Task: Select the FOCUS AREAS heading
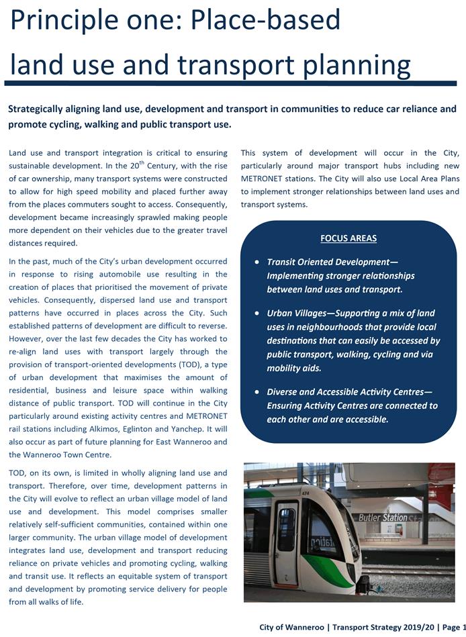348,238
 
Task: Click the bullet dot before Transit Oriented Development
257,262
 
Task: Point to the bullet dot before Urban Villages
257,313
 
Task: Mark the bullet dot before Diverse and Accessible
257,391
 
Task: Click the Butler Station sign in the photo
383,518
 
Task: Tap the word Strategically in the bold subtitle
39,109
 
